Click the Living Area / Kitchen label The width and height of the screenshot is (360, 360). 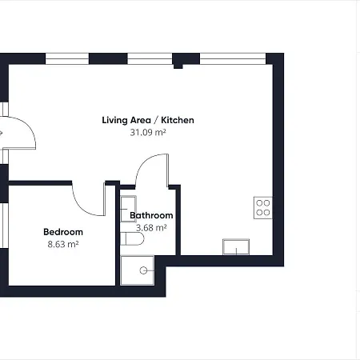tap(148, 120)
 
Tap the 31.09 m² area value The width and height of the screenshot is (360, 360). tap(148, 132)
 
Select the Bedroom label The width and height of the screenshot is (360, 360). tap(63, 232)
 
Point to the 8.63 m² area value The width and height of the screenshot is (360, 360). tap(63, 244)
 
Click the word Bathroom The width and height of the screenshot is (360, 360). tap(151, 215)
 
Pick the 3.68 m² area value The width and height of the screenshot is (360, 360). tap(151, 228)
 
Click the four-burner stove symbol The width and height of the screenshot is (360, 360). tap(263, 208)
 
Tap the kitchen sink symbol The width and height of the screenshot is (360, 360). tap(236, 247)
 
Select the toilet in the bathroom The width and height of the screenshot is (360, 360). tap(132, 238)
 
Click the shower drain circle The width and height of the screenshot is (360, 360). tap(143, 270)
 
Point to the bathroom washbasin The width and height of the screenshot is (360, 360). tap(128, 209)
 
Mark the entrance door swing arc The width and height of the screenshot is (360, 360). tap(30, 125)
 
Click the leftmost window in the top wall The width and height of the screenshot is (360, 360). tap(67, 58)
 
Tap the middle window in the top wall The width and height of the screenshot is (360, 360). tap(150, 58)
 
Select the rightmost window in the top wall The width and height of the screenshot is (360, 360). tap(233, 58)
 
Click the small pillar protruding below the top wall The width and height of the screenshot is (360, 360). tap(178, 66)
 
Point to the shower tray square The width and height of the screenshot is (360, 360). tap(138, 270)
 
